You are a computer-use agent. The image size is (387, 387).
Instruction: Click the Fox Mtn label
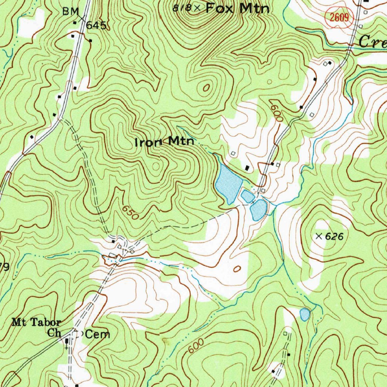pos(237,8)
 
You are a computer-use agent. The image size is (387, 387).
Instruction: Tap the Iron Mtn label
pos(165,142)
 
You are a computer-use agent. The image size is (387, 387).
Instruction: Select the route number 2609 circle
pos(339,17)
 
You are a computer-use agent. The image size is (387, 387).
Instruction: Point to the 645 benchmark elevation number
pos(96,25)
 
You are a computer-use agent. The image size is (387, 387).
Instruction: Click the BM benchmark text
pos(70,12)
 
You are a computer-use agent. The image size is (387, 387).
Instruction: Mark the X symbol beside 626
pos(319,237)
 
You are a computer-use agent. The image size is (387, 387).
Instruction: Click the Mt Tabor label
pos(36,322)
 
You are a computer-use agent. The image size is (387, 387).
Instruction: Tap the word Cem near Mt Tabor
pos(98,334)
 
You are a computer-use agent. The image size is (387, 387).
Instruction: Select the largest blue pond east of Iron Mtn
pos(228,183)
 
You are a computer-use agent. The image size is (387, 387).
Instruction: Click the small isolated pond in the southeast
pos(305,314)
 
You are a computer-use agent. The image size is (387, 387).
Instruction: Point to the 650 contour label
pos(131,213)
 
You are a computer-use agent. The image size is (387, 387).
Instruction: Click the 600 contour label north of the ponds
pos(276,111)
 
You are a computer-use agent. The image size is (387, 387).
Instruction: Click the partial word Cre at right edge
pos(372,41)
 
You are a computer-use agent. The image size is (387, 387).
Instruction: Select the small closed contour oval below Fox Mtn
pos(206,88)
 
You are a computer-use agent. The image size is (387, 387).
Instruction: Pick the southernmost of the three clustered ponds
pos(259,210)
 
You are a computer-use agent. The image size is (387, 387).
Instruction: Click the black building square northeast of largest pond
pos(248,167)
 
